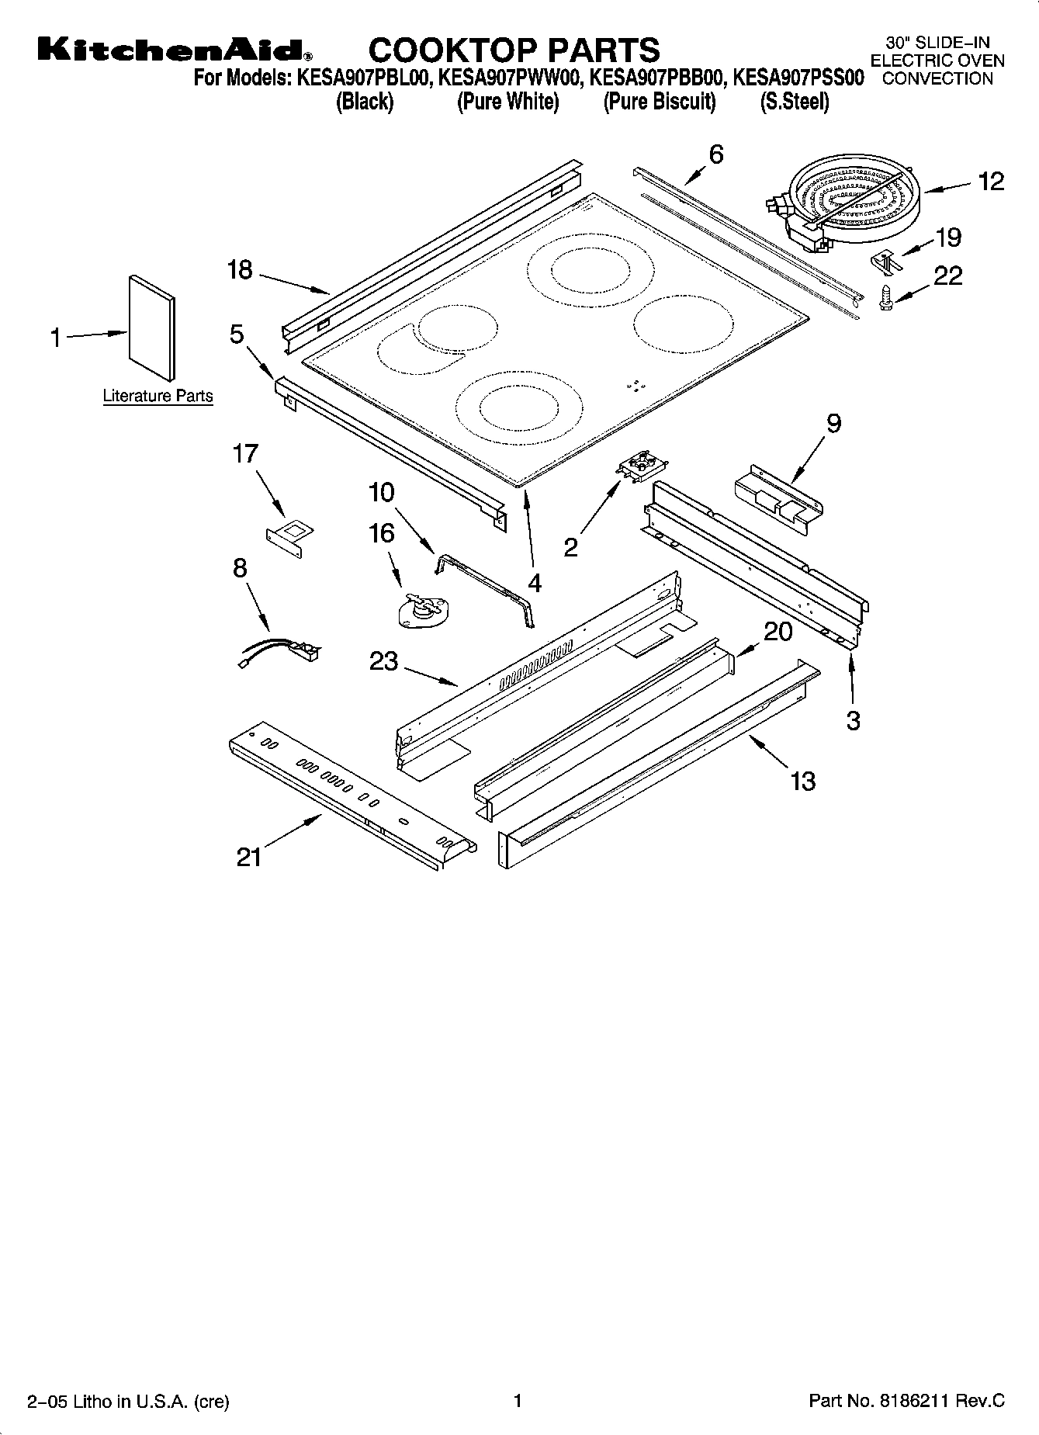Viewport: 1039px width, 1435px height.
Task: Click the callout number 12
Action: click(x=991, y=182)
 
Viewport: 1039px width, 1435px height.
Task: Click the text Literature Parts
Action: click(x=158, y=397)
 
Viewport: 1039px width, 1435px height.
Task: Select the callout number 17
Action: click(x=245, y=454)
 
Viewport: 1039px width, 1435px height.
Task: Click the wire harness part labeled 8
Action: click(x=279, y=653)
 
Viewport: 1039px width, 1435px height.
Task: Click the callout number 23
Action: click(x=383, y=661)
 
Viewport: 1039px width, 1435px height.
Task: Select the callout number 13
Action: click(x=803, y=780)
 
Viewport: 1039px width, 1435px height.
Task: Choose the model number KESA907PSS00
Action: click(x=798, y=78)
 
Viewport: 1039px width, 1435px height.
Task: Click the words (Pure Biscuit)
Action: click(x=660, y=102)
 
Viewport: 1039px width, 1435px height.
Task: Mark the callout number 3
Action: click(x=853, y=721)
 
